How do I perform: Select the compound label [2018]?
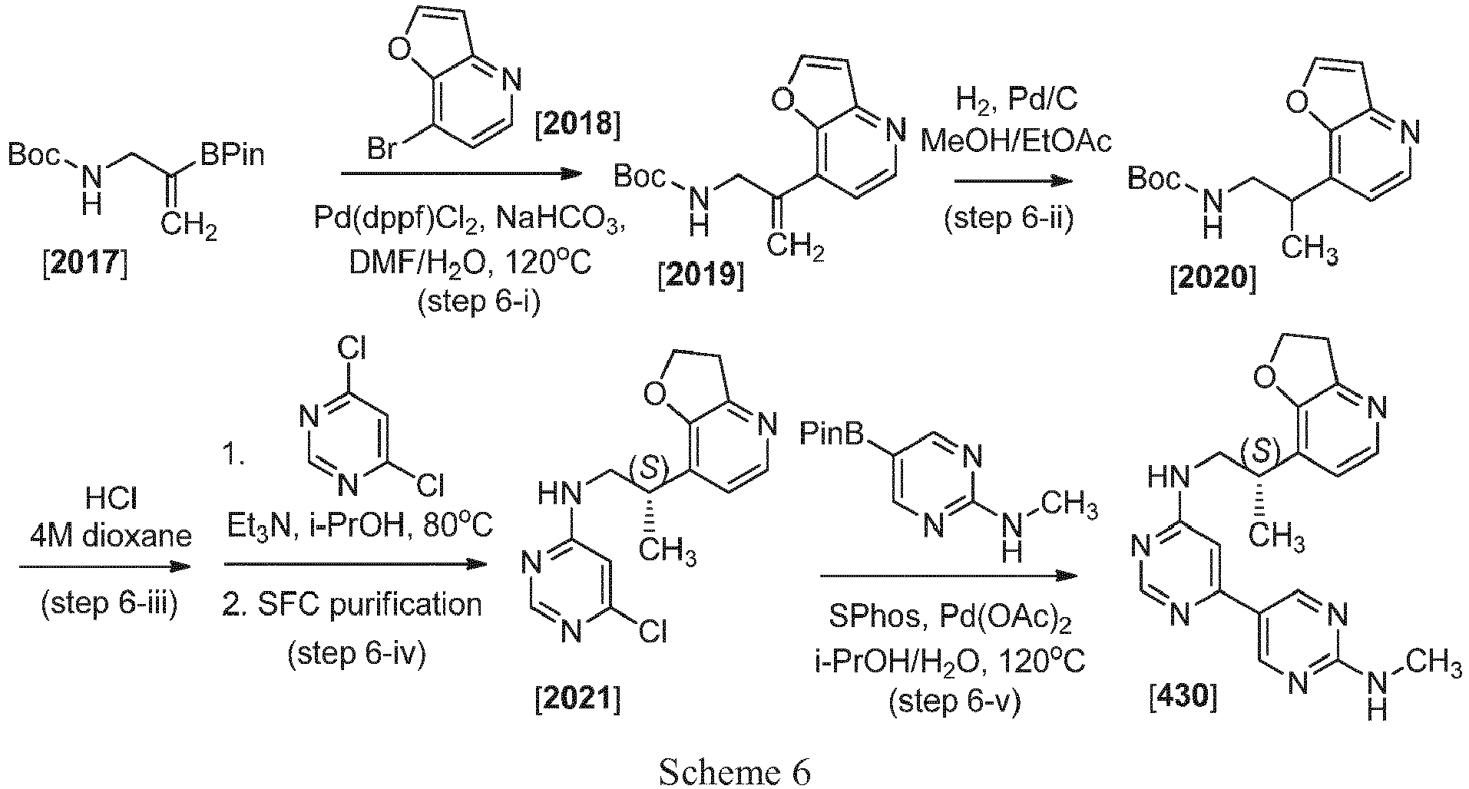click(x=575, y=124)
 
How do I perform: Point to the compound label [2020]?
click(x=1213, y=279)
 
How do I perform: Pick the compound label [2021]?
click(x=577, y=699)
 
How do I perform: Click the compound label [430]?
click(x=1183, y=698)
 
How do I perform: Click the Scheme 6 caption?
click(x=734, y=771)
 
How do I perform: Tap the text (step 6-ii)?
click(x=1008, y=219)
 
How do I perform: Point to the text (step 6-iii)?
click(x=108, y=604)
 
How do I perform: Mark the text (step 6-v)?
click(x=955, y=701)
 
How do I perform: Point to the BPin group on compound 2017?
click(x=233, y=156)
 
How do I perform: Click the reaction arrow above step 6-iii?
click(x=104, y=566)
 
